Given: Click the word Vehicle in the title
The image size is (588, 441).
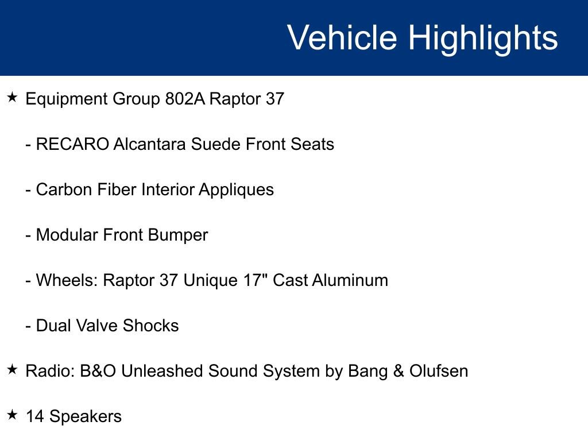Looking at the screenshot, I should pyautogui.click(x=342, y=38).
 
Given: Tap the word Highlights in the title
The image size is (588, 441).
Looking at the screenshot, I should pyautogui.click(x=483, y=38).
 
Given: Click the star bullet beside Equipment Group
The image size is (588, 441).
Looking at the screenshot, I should pyautogui.click(x=13, y=98).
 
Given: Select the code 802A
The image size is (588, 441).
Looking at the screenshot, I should pyautogui.click(x=184, y=99).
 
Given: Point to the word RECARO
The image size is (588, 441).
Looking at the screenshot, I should pyautogui.click(x=72, y=144).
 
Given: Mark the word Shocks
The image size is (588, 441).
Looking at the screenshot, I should pyautogui.click(x=150, y=326).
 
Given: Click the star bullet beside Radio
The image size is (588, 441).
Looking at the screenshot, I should pyautogui.click(x=13, y=370).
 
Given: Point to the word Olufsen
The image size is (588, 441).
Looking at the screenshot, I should pyautogui.click(x=439, y=371).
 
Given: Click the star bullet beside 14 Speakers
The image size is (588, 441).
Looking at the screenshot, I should pyautogui.click(x=13, y=415).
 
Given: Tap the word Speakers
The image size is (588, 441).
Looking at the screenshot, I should pyautogui.click(x=86, y=417).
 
